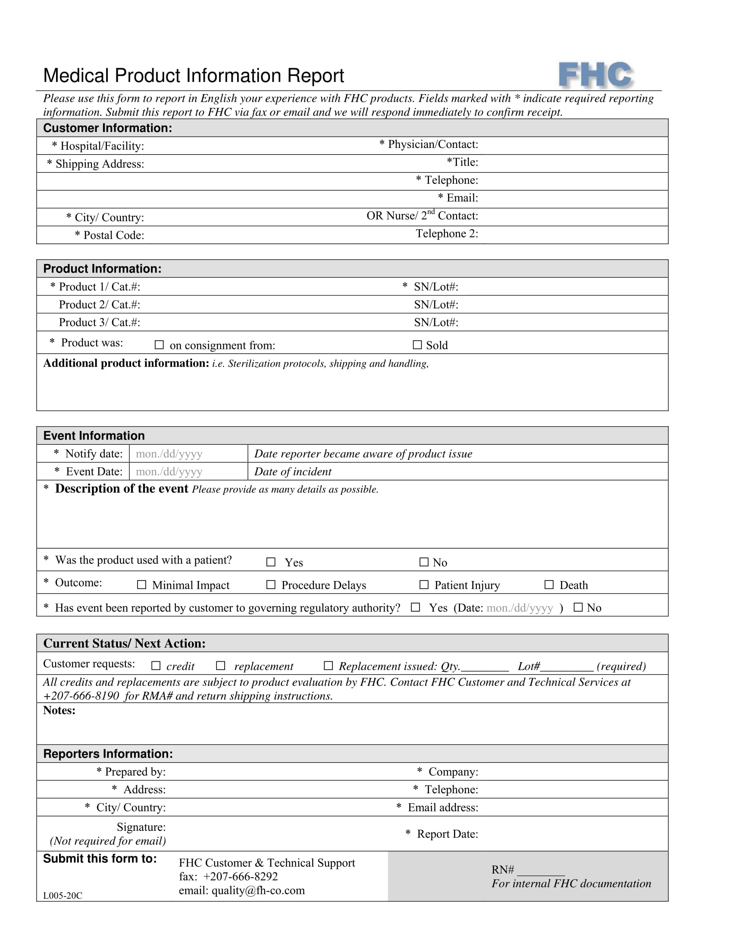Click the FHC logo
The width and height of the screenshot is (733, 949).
(x=595, y=75)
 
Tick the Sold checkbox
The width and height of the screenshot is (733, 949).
(x=417, y=345)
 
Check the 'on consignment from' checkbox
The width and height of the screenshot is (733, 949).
(x=160, y=345)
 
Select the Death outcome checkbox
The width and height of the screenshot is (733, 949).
(x=549, y=584)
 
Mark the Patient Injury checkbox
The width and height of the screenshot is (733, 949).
(x=424, y=584)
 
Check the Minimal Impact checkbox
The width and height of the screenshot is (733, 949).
(x=141, y=584)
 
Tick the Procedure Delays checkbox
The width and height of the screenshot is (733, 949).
(x=270, y=584)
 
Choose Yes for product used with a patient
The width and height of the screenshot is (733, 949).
(x=270, y=562)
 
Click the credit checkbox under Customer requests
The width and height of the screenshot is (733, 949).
(x=156, y=665)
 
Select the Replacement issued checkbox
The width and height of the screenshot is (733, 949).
(x=328, y=665)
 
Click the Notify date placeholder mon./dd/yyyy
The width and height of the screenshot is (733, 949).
(x=169, y=454)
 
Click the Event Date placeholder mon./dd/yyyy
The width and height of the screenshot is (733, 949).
(x=169, y=471)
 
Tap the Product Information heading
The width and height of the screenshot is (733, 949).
(x=102, y=269)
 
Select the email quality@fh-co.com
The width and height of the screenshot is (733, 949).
(x=258, y=890)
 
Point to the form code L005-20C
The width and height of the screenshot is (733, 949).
(x=63, y=896)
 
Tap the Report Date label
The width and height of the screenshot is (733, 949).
(x=447, y=834)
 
